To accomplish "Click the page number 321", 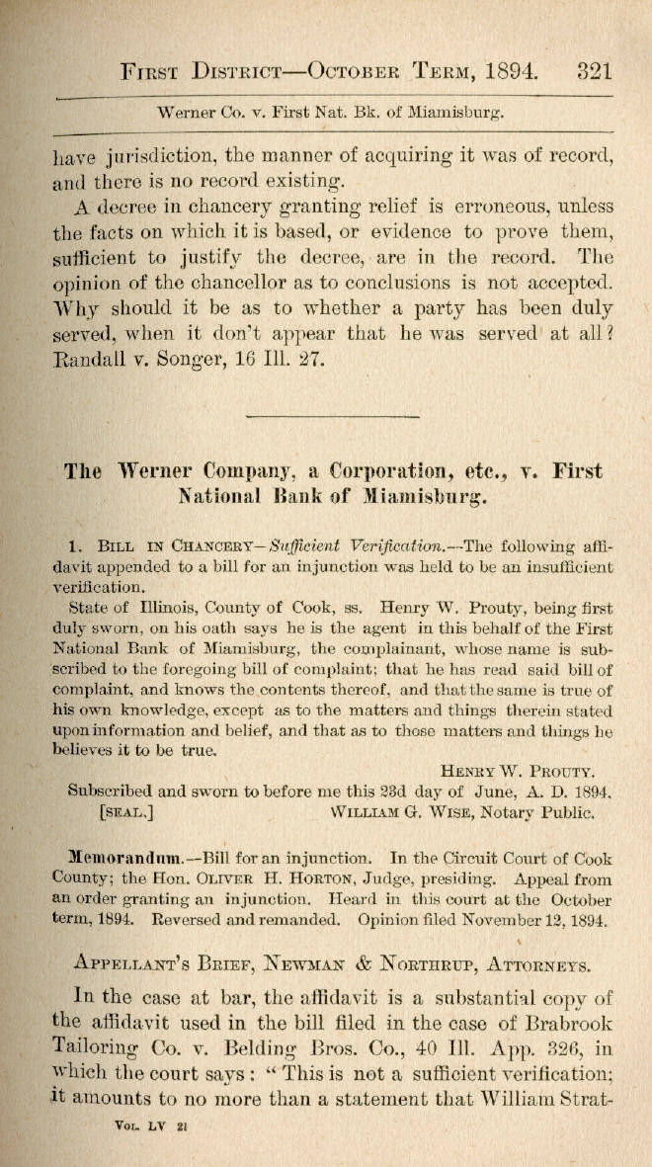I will (x=593, y=71).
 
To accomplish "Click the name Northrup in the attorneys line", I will (x=440, y=967).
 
